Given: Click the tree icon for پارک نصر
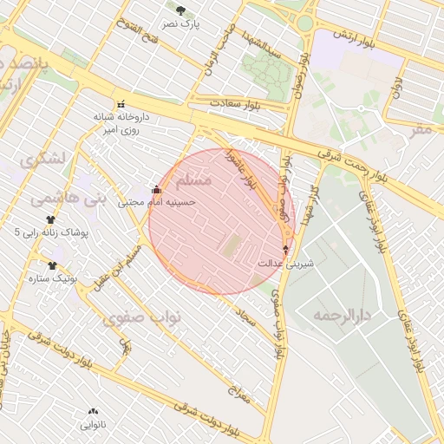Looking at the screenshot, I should [x=180, y=10].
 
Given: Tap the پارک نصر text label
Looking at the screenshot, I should [x=184, y=24].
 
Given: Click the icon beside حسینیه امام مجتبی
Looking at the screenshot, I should [x=156, y=189].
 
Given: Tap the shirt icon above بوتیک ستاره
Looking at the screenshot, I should [x=52, y=265].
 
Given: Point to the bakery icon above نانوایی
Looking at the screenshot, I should [x=93, y=412].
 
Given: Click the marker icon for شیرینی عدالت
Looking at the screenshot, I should [x=286, y=249].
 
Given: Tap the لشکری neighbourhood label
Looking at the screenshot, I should [x=41, y=160].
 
